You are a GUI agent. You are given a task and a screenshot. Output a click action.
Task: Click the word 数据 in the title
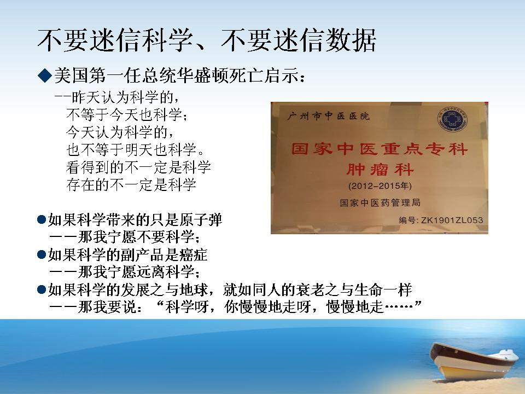point(351,40)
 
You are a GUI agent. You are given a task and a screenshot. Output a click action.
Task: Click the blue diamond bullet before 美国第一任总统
point(44,76)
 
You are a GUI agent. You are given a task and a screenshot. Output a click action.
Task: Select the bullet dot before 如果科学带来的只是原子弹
point(42,220)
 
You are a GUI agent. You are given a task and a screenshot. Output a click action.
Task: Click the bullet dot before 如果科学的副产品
point(42,255)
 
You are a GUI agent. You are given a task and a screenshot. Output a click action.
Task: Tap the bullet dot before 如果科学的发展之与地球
point(42,289)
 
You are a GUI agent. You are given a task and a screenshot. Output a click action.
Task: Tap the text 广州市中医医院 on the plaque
point(328,116)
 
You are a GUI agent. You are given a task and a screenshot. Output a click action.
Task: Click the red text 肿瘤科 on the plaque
point(380,169)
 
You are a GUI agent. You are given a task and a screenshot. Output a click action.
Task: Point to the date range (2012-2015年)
point(380,186)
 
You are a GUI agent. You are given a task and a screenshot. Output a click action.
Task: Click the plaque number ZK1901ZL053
point(452,220)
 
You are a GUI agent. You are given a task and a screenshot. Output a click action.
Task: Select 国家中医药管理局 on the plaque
point(380,202)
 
